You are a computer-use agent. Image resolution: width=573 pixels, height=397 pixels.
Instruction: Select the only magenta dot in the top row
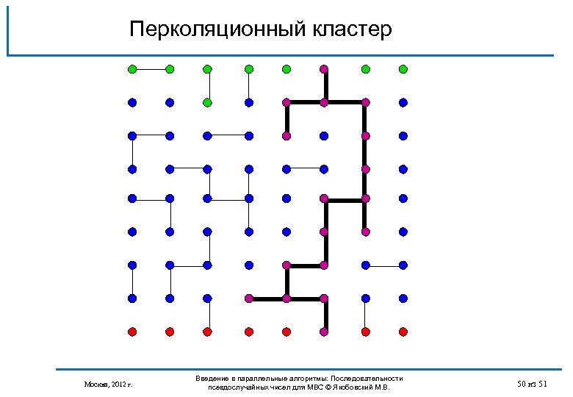pyautogui.click(x=324, y=69)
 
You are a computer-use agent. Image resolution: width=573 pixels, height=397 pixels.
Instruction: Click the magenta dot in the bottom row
pyautogui.click(x=324, y=332)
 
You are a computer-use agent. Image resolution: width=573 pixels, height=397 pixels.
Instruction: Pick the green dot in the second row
pyautogui.click(x=208, y=101)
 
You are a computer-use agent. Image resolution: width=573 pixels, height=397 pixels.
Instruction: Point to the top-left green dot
pyautogui.click(x=132, y=69)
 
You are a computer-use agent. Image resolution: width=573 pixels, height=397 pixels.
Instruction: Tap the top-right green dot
pyautogui.click(x=403, y=69)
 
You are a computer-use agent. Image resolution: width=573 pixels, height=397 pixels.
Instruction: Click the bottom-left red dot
pyautogui.click(x=132, y=332)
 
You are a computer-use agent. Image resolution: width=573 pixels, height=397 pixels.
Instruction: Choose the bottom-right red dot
pyautogui.click(x=403, y=332)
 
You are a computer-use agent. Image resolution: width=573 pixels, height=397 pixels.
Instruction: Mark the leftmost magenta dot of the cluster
pyautogui.click(x=249, y=298)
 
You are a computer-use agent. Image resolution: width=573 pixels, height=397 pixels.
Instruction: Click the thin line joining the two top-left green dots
pyautogui.click(x=151, y=69)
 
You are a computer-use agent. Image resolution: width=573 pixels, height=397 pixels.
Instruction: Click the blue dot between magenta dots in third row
pyautogui.click(x=324, y=135)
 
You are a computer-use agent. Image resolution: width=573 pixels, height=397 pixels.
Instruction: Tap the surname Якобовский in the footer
pyautogui.click(x=357, y=387)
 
